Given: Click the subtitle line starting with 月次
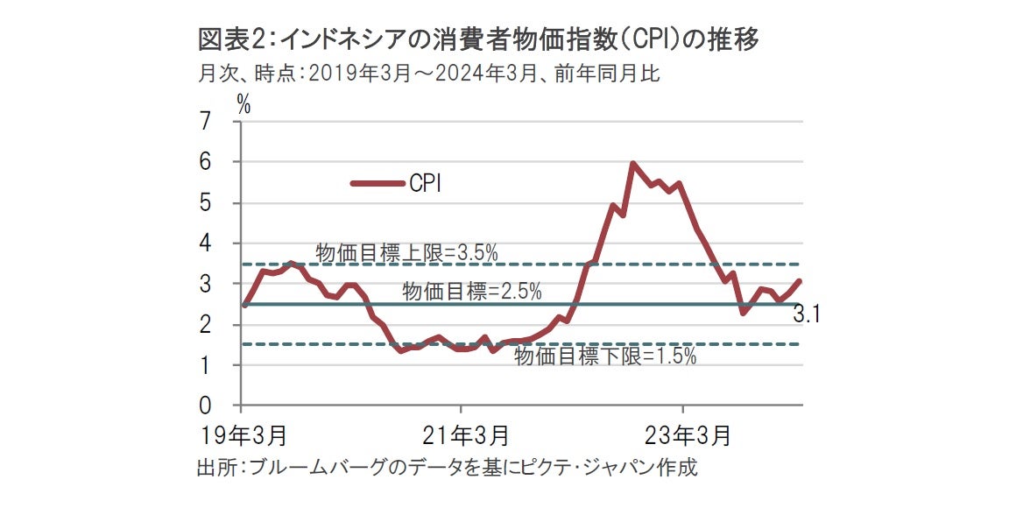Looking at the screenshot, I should coord(428,74).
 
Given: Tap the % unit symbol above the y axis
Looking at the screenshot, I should coord(243,103).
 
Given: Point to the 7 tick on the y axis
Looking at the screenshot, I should coord(206,122).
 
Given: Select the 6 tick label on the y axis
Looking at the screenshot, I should coord(206,163).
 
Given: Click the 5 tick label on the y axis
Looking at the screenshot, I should coord(206,203).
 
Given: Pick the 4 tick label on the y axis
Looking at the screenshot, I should coord(206,243).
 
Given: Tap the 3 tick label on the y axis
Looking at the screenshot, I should coord(206,285).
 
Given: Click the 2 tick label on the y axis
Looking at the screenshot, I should coord(206,325).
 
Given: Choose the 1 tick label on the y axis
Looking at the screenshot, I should coord(206,366).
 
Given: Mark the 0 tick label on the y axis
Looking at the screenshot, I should coord(206,406).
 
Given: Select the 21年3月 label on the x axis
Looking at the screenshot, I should coord(464,434).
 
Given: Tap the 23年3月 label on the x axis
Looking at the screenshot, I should coord(686,434).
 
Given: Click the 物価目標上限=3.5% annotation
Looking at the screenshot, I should coord(406,253).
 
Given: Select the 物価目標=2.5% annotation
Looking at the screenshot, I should coord(472,292).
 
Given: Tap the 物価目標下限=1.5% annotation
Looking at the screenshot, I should coord(605,356).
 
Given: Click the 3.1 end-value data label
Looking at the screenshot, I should coord(806,315).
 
